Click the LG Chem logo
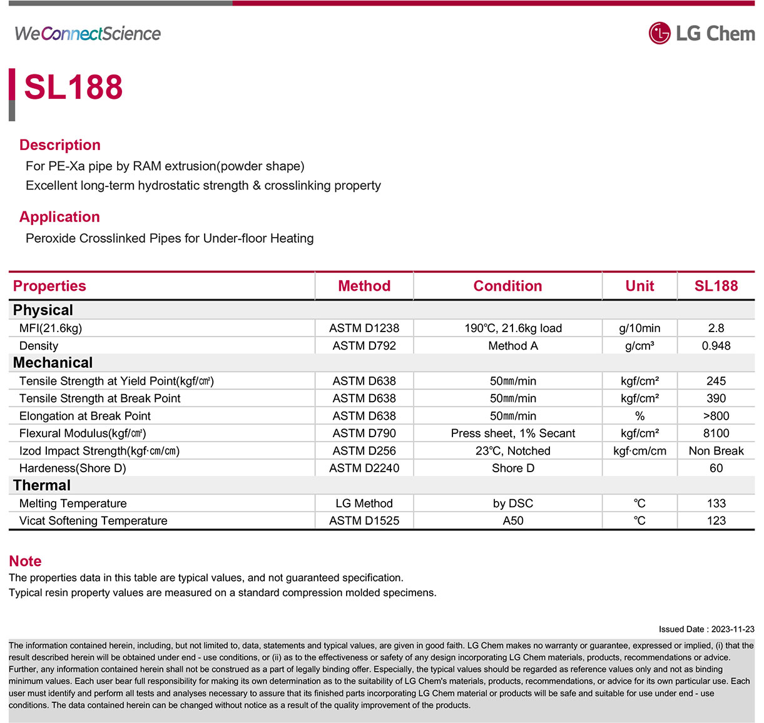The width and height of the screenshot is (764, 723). [701, 33]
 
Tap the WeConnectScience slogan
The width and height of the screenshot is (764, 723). [88, 34]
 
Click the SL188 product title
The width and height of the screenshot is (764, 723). [73, 87]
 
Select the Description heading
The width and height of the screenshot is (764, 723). [60, 145]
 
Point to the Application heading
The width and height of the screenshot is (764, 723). [59, 217]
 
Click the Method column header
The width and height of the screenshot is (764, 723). [364, 286]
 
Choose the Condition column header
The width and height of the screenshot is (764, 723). [507, 286]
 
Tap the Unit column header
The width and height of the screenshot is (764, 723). [639, 286]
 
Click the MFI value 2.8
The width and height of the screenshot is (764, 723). [716, 328]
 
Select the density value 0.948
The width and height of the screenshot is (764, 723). [716, 346]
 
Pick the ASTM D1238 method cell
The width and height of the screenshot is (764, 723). [364, 328]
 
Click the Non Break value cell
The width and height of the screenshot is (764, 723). [716, 451]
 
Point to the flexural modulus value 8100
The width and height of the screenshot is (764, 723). [716, 433]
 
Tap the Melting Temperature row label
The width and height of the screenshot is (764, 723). [73, 503]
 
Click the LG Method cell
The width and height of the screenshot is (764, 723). [364, 503]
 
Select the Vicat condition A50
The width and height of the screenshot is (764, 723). [513, 521]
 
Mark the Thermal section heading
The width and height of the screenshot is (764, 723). [42, 485]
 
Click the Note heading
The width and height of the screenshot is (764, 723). [25, 561]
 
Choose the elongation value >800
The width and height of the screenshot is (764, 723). [716, 416]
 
